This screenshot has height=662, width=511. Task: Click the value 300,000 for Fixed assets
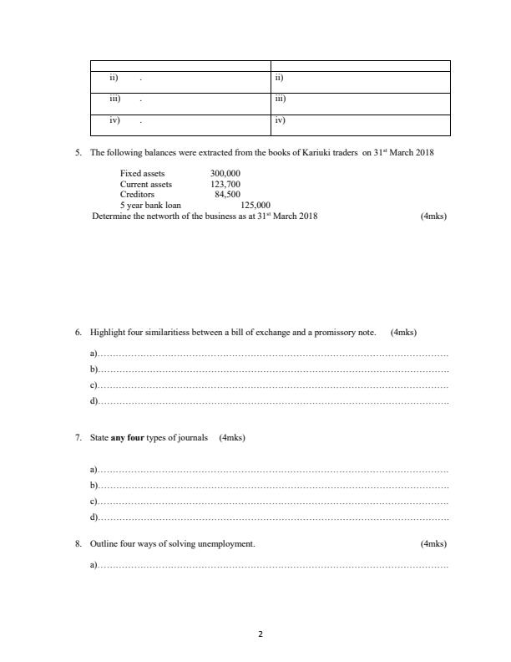point(225,174)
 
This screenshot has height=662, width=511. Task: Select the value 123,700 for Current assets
point(225,184)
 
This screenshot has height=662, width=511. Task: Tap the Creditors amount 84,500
point(227,194)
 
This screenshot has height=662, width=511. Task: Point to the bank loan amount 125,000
point(255,205)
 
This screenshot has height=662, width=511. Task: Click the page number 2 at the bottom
point(260,634)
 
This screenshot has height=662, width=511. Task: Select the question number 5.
point(78,153)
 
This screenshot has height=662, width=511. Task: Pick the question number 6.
point(78,332)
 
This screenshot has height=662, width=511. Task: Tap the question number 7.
point(78,437)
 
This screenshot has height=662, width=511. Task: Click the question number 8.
point(78,544)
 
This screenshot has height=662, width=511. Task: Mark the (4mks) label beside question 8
point(434,544)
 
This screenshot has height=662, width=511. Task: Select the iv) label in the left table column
point(115,120)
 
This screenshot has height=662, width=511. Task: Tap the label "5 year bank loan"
point(150,205)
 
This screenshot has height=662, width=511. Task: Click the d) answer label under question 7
point(94,518)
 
